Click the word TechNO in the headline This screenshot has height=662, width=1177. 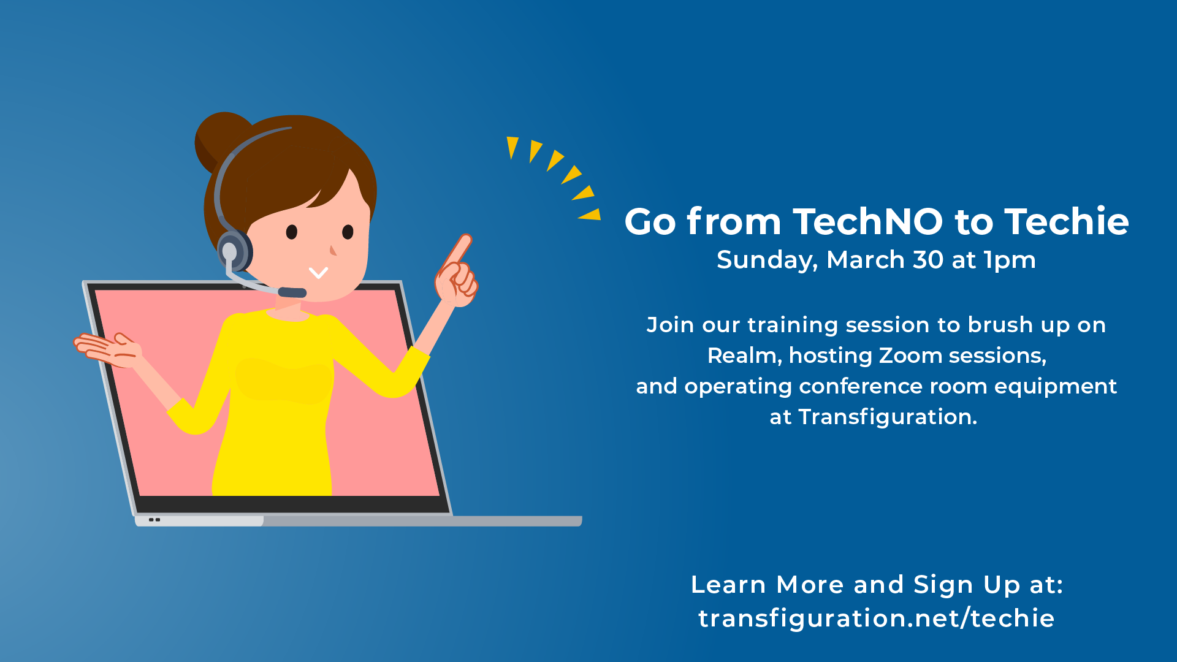pos(867,221)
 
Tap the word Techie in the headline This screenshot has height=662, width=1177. pos(1067,221)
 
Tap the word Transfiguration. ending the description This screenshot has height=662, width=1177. pos(888,417)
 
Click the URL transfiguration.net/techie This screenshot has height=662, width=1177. pos(877,618)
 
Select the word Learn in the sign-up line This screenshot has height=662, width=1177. pos(728,585)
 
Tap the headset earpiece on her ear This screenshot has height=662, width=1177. pos(234,251)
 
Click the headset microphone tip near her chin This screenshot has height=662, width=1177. pos(292,292)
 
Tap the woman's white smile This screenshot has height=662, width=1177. pos(318,273)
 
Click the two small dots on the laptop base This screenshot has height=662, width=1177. pos(154,520)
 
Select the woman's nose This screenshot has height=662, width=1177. pos(333,250)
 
